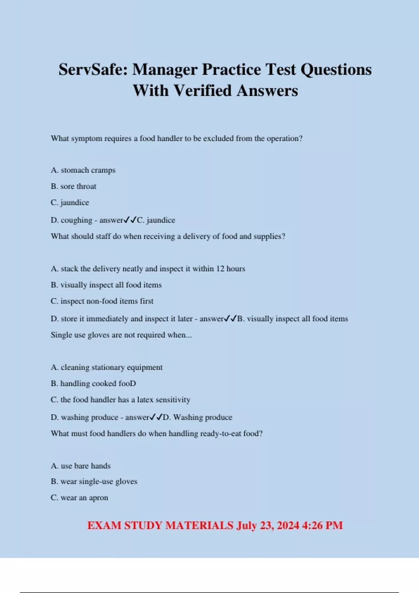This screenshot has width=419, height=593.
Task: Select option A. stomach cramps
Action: tap(83, 170)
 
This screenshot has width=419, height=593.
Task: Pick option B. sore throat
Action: tap(73, 186)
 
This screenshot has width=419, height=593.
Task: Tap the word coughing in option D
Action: tap(76, 220)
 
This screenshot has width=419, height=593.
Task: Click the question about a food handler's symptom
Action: tap(176, 138)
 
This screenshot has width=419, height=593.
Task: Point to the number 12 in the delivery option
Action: tap(220, 269)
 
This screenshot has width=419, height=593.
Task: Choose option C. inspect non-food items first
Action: tap(102, 301)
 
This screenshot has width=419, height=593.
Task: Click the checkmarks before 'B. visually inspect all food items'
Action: tap(230, 318)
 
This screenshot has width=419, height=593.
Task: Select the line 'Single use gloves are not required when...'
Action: tap(121, 335)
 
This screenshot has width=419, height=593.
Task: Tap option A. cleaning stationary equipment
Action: tap(106, 367)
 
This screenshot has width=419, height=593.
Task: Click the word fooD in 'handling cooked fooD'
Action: tap(127, 383)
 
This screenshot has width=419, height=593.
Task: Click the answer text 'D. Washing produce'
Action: tap(198, 417)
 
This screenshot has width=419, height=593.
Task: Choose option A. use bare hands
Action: tap(81, 466)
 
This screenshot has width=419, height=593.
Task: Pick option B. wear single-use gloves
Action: tap(94, 481)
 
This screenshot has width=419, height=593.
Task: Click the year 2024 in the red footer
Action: tap(288, 525)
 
